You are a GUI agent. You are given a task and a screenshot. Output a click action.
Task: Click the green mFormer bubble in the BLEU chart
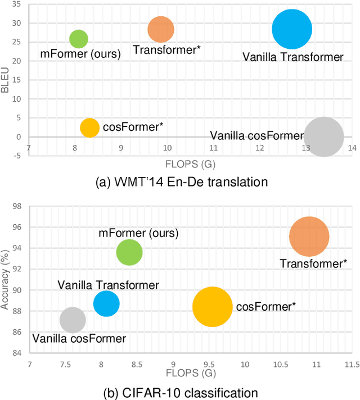pyautogui.click(x=78, y=39)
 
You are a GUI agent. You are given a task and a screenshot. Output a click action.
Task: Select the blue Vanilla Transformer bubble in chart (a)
pyautogui.click(x=291, y=30)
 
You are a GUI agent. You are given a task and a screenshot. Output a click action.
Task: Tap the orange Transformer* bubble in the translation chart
pyautogui.click(x=161, y=30)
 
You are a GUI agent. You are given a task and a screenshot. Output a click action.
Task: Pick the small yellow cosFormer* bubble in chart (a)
pyautogui.click(x=89, y=128)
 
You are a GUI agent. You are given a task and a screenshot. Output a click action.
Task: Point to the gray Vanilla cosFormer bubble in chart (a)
pyautogui.click(x=323, y=137)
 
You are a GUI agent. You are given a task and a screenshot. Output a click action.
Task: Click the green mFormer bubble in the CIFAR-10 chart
pyautogui.click(x=129, y=252)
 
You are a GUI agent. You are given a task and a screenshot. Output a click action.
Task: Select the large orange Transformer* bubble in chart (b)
pyautogui.click(x=309, y=237)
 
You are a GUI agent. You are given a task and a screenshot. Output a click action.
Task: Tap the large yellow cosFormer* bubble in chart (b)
pyautogui.click(x=212, y=307)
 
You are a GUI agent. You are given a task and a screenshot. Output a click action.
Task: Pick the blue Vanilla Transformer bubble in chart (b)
pyautogui.click(x=106, y=304)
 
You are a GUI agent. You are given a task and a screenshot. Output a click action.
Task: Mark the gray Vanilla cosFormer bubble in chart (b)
pyautogui.click(x=72, y=320)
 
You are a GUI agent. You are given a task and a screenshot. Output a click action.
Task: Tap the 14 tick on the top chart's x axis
pyautogui.click(x=352, y=148)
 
